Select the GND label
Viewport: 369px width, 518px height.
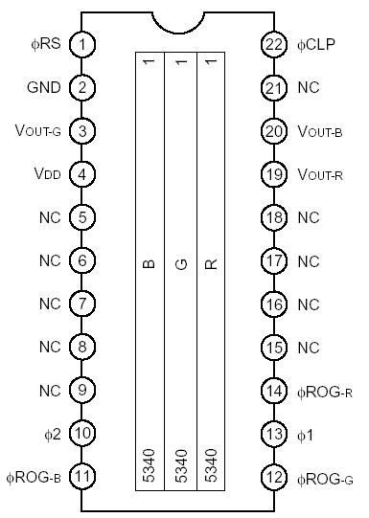(x=44, y=88)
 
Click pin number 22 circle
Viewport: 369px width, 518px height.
(x=276, y=44)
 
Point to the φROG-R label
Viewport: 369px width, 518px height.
(x=324, y=391)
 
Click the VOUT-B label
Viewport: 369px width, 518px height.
(x=319, y=131)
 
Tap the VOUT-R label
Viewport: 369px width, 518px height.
(x=319, y=175)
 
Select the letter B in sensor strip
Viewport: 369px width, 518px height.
(x=148, y=262)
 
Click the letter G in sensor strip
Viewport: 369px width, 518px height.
(x=179, y=262)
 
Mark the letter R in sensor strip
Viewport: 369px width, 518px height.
(x=212, y=262)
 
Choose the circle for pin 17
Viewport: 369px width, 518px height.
(x=276, y=260)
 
